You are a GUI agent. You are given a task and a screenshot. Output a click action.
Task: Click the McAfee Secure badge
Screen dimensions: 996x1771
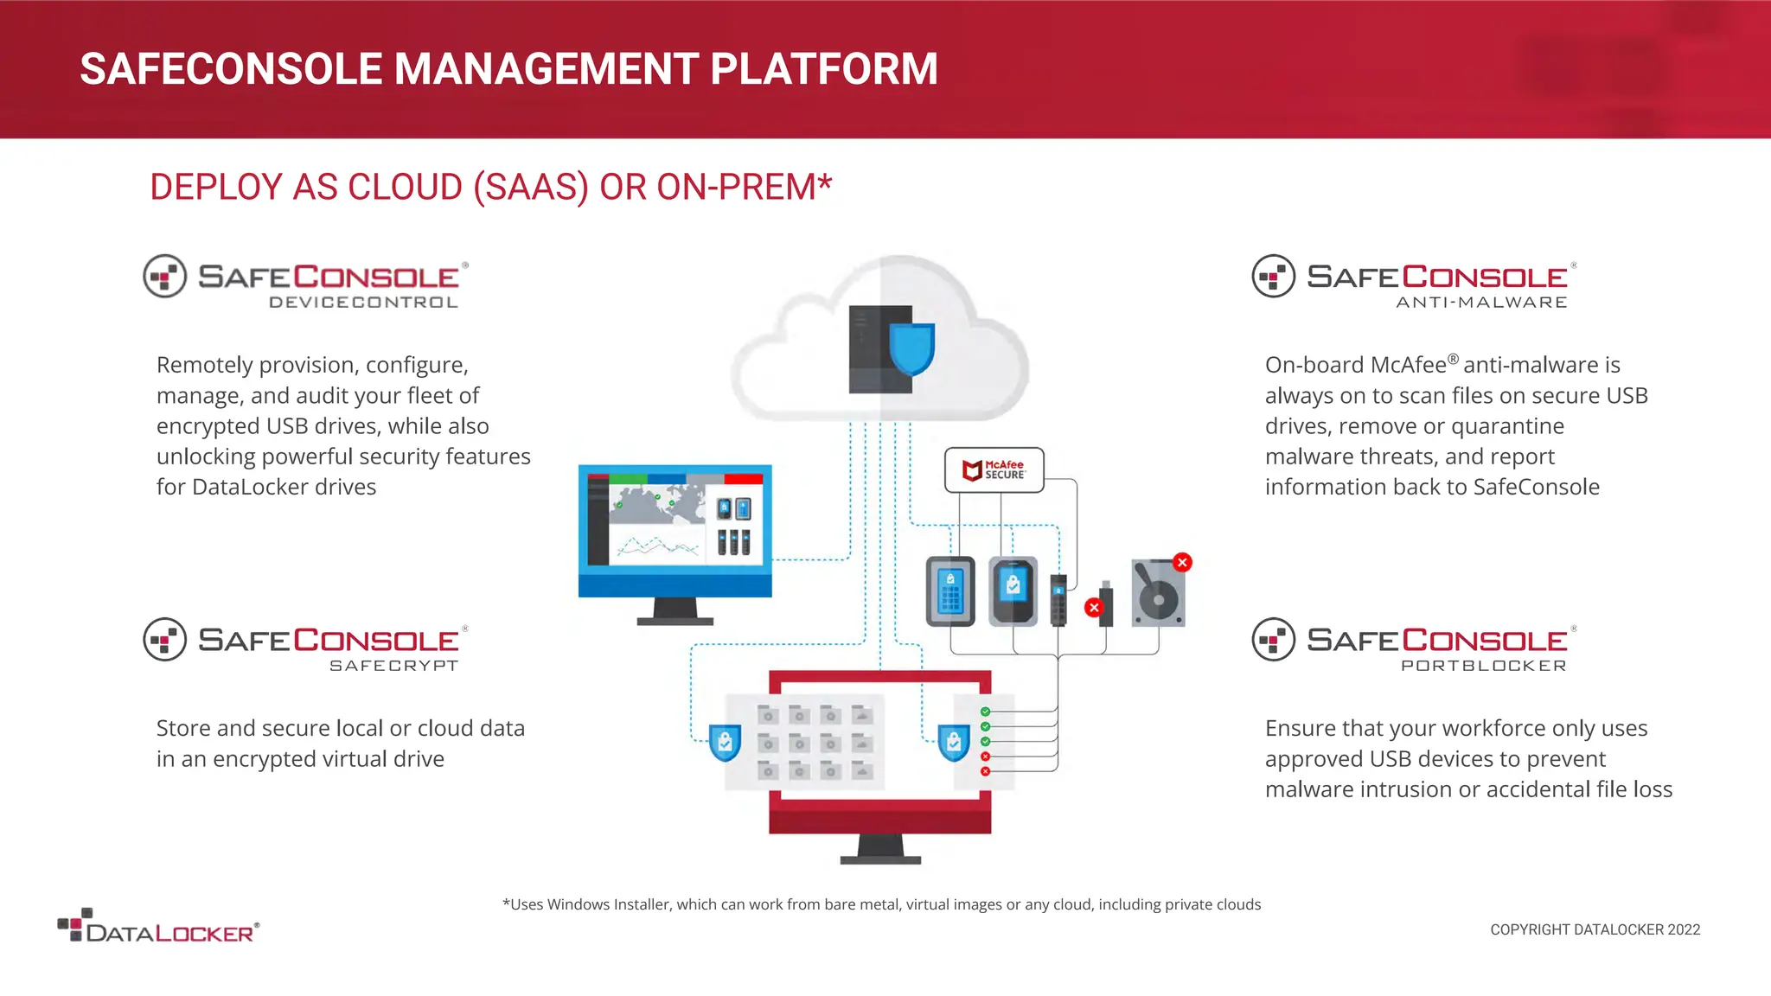tap(994, 469)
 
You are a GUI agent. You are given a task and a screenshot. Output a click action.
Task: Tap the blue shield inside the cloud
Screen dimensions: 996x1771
tap(912, 348)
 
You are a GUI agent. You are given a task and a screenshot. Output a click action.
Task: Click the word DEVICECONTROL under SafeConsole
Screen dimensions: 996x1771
tap(363, 303)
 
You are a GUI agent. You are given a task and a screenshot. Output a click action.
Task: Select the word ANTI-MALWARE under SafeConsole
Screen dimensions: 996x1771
tap(1481, 303)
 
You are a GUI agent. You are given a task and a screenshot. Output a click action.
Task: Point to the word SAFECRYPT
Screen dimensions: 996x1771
tap(393, 666)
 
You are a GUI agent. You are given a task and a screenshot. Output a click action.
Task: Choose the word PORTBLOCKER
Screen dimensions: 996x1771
tap(1483, 666)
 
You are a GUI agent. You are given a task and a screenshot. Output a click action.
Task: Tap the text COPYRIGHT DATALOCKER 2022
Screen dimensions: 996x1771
tap(1595, 929)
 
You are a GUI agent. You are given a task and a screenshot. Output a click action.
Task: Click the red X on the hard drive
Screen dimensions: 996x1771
tap(1182, 563)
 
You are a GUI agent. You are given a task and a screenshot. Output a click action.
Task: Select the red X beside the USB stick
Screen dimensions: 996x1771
tap(1094, 607)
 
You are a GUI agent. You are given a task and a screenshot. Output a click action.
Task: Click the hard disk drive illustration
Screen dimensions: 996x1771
tap(1158, 594)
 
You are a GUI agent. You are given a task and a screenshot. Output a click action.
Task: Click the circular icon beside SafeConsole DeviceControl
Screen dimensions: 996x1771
tap(165, 277)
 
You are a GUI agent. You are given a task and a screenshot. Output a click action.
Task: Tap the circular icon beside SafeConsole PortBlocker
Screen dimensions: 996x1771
tap(1273, 640)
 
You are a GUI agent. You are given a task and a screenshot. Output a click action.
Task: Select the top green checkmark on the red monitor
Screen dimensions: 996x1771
tap(985, 712)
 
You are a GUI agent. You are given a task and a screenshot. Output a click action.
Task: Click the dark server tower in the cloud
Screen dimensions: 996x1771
tap(868, 348)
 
